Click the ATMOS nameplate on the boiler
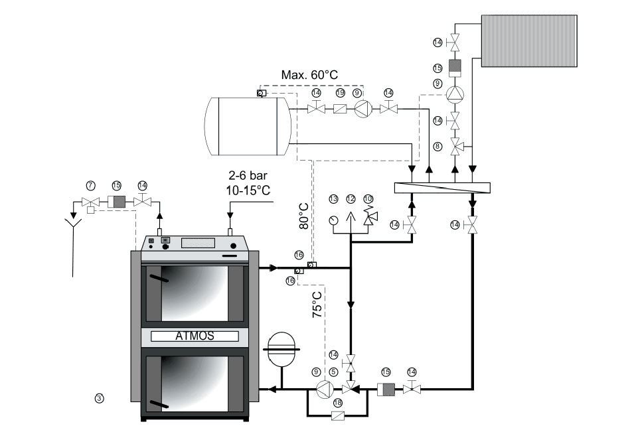pyautogui.click(x=195, y=336)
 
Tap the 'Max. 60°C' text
pyautogui.click(x=309, y=75)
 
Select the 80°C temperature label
pyautogui.click(x=305, y=214)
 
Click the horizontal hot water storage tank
pyautogui.click(x=246, y=125)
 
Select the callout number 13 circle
pyautogui.click(x=333, y=198)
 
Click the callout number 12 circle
pyautogui.click(x=351, y=198)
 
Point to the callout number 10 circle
pyautogui.click(x=368, y=198)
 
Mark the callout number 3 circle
pyautogui.click(x=98, y=398)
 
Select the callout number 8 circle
pyautogui.click(x=437, y=145)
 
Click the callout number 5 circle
pyautogui.click(x=333, y=373)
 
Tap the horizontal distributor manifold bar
pyautogui.click(x=443, y=187)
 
